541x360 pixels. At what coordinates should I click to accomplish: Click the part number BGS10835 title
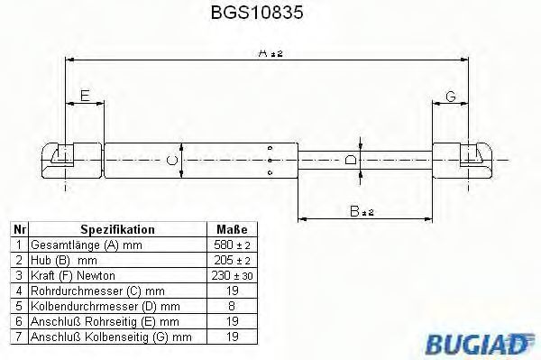[x=257, y=13]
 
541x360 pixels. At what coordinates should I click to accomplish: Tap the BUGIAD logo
[x=480, y=344]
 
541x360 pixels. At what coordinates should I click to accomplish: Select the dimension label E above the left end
[x=85, y=96]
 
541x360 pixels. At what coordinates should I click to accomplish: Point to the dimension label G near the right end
[x=451, y=97]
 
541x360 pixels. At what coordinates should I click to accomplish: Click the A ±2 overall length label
[x=270, y=53]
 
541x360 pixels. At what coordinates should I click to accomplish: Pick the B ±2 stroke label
[x=362, y=211]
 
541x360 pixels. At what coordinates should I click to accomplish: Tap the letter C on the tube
[x=172, y=161]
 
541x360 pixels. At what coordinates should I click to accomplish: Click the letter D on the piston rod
[x=351, y=160]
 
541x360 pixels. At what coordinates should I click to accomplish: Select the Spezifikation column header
[x=117, y=229]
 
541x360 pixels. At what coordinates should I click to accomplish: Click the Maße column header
[x=232, y=229]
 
